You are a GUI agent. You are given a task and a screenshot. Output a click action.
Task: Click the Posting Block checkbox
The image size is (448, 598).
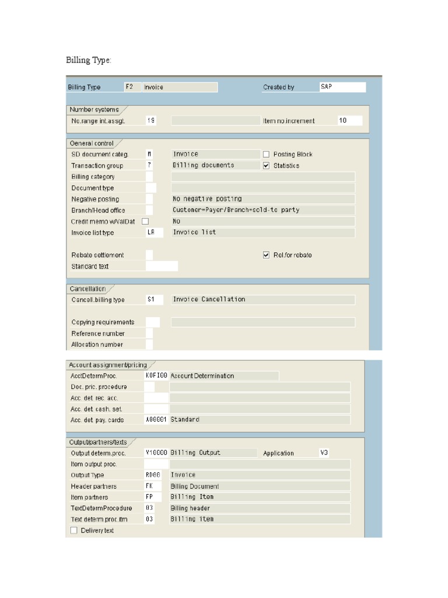coord(266,154)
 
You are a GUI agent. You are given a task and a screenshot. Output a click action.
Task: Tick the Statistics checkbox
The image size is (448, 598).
coord(266,166)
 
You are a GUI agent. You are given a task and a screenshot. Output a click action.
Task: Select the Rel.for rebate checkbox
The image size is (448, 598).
coord(266,255)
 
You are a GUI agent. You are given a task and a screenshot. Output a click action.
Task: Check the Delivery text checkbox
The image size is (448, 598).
coord(73,530)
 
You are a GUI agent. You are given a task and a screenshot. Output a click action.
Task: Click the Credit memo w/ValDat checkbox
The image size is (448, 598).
coord(145,221)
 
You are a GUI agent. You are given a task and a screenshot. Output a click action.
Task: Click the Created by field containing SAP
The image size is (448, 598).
coord(342,87)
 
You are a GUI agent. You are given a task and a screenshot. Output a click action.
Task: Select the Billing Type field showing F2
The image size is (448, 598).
coord(132,87)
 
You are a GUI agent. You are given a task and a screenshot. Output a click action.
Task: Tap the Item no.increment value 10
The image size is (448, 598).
coord(349,121)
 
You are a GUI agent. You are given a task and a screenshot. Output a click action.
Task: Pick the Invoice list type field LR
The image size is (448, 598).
coord(154,232)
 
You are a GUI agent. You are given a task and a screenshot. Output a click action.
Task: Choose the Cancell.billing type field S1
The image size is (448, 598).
coord(154,300)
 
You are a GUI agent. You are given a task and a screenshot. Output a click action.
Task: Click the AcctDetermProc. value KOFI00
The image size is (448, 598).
coord(156,376)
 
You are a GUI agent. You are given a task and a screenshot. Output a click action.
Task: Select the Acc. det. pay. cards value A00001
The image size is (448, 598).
coord(156,420)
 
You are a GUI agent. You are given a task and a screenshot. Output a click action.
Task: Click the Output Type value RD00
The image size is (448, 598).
coord(153,475)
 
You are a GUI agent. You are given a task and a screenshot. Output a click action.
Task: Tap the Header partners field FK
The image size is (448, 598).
coord(153,486)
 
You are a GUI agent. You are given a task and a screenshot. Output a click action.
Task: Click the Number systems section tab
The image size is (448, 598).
coord(94,109)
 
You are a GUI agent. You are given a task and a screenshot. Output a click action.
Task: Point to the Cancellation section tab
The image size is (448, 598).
coord(88,288)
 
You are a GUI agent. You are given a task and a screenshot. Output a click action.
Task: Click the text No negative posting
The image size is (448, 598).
coord(207,199)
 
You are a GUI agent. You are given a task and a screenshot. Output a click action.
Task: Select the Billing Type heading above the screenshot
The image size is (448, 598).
coord(88,60)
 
